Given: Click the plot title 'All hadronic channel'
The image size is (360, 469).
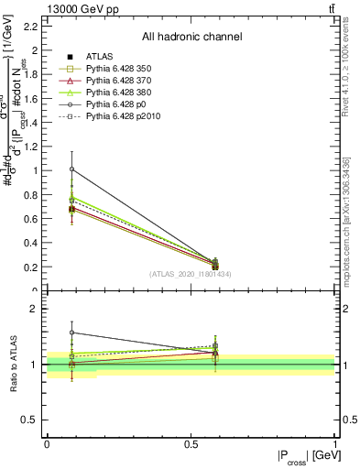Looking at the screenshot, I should point(191,38).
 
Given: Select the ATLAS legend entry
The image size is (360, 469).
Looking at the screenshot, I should point(100,57).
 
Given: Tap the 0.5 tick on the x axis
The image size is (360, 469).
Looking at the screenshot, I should point(191,444).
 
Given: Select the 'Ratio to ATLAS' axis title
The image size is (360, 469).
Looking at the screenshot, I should point(15,365).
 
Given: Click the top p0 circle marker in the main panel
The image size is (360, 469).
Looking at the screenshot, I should point(71,169).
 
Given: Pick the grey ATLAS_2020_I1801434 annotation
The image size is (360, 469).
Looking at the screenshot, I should point(191,274).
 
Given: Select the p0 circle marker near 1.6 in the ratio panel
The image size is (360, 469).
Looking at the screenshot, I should point(71,333).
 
